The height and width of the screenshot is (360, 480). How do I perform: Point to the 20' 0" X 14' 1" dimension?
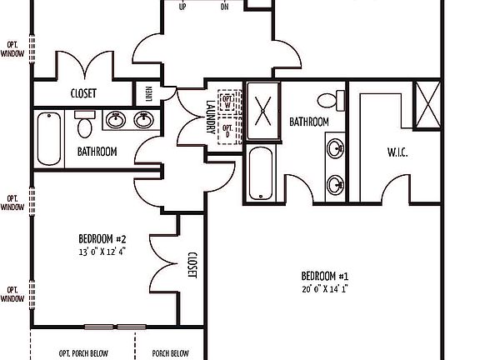coord(324,290)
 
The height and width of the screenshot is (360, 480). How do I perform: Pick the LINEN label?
coord(149,93)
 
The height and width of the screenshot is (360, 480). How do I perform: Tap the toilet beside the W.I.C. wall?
coord(337,102)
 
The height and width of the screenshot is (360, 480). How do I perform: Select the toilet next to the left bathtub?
coord(83,126)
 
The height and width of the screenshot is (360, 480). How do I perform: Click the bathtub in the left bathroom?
coord(49,138)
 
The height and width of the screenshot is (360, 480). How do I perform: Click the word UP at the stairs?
coord(182,7)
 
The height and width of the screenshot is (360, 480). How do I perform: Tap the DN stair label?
coord(224,7)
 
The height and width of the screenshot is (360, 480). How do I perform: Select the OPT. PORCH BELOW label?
coord(83,353)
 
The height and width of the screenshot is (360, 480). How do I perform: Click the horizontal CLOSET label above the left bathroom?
coord(83,93)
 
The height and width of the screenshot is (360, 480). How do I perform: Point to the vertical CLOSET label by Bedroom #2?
coord(192,266)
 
